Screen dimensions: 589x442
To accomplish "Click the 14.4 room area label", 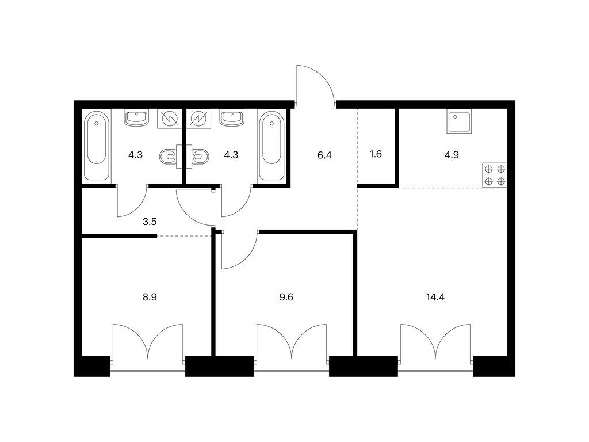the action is (435, 298).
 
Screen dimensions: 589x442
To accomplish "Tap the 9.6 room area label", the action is (286, 298).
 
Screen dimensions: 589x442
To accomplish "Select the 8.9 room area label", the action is (150, 298).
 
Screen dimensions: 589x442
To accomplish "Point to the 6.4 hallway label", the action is (324, 155).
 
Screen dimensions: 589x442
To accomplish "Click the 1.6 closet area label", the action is (376, 154).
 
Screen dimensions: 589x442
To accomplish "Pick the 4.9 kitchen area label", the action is (452, 155).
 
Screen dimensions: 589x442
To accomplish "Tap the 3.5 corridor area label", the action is (150, 222).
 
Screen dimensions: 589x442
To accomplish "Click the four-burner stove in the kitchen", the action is (495, 175).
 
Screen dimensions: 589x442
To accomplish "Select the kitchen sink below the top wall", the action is (459, 121).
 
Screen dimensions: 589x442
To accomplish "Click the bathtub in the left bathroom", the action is (97, 146).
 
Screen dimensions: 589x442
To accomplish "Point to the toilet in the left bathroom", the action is (169, 157).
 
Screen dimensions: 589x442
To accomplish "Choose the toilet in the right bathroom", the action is (200, 157).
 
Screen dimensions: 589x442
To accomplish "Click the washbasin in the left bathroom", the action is (136, 117).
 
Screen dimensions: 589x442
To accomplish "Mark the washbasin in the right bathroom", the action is (232, 117).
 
